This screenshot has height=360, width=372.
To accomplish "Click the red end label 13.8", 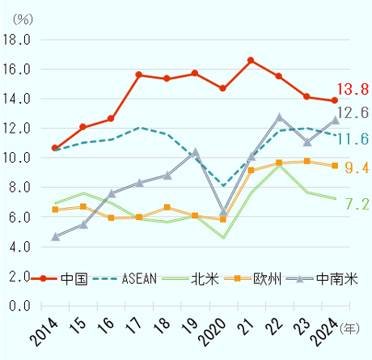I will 354,88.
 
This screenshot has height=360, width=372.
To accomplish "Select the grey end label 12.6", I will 354,113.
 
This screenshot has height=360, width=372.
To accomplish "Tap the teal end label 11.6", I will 354,140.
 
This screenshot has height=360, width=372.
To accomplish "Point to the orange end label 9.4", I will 357,167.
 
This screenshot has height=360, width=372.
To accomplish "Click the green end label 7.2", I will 357,204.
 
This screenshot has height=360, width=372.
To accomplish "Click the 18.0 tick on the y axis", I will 17,39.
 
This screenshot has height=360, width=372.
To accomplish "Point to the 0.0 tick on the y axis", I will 20,306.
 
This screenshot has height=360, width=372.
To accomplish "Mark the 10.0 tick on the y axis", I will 17,158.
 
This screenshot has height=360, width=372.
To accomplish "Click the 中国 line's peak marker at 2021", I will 251,61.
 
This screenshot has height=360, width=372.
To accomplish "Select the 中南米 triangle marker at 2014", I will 55,236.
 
